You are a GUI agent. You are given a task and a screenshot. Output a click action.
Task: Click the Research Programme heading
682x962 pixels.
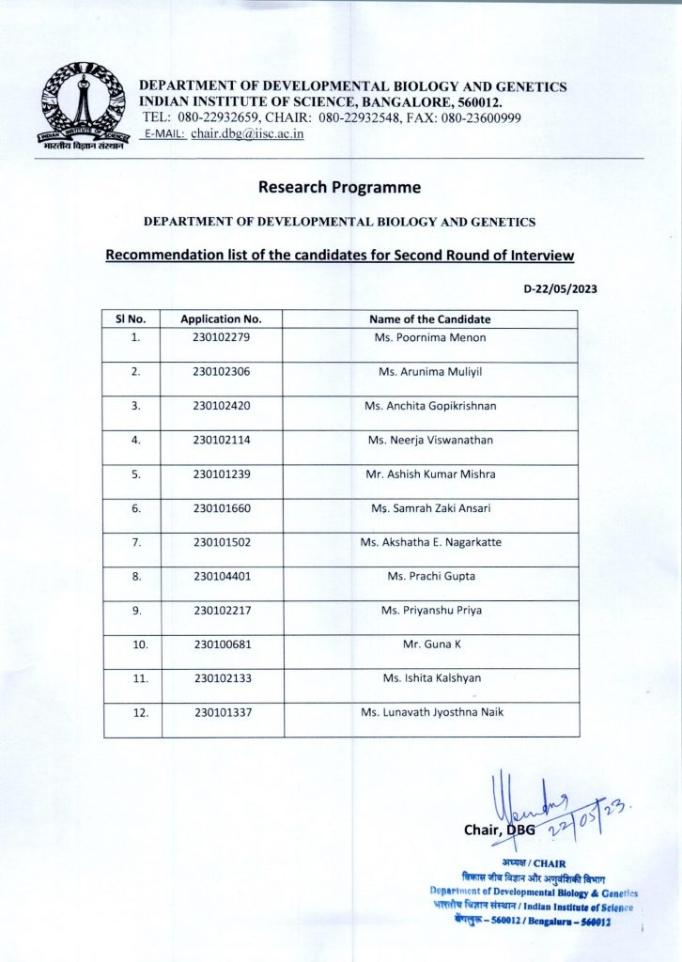point(339,187)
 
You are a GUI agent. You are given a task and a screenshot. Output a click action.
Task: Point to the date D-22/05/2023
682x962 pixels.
point(560,289)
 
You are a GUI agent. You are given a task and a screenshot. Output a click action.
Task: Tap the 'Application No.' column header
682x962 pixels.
point(221,319)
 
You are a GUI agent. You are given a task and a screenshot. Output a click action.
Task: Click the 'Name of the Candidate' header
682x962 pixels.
point(429,319)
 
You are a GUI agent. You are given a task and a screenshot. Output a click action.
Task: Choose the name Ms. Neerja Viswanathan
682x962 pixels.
point(429,440)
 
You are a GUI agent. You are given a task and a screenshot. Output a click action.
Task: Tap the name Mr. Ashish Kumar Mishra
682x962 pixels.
point(429,474)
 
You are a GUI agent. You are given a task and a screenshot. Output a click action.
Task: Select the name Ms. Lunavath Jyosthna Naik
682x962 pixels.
point(431,712)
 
